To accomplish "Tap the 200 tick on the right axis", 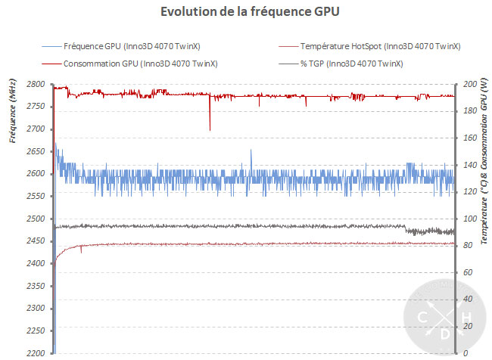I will click(x=469, y=84).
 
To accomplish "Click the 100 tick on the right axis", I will click(x=469, y=219).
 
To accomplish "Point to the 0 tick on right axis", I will click(x=465, y=353).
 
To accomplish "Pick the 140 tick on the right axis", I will click(x=469, y=165).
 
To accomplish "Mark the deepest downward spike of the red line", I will click(x=210, y=130).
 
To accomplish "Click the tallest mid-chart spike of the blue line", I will click(x=251, y=151).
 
